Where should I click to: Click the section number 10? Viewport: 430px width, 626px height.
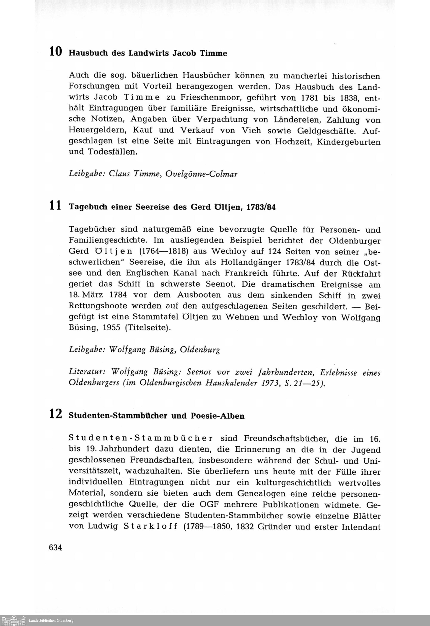55,51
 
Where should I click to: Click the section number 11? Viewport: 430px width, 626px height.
55,206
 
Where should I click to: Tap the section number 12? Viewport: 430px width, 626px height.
55,414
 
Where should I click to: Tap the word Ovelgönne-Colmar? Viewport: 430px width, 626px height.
201,174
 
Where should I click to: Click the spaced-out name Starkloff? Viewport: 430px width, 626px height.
151,527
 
